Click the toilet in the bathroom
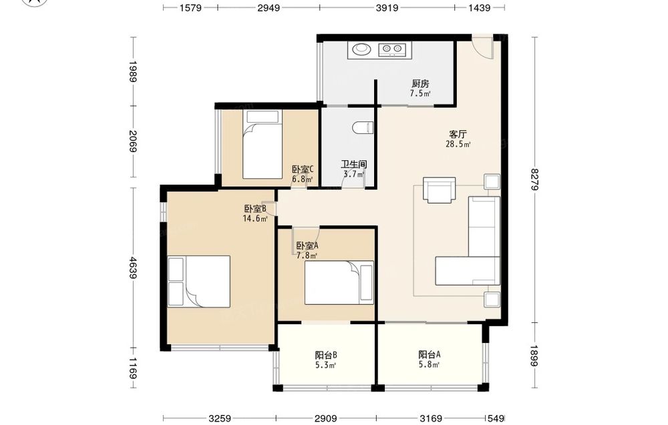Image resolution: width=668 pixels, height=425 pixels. pyautogui.click(x=363, y=127)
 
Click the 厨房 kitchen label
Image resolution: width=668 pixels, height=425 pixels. pyautogui.click(x=420, y=83)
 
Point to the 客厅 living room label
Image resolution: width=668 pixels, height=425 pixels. pyautogui.click(x=458, y=134)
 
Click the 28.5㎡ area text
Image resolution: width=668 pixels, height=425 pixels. pyautogui.click(x=458, y=144)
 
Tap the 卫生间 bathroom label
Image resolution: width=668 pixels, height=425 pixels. pyautogui.click(x=354, y=164)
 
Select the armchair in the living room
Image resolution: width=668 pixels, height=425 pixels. pyautogui.click(x=440, y=189)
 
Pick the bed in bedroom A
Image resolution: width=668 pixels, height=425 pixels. pyautogui.click(x=339, y=282)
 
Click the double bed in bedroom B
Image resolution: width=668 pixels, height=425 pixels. pyautogui.click(x=199, y=281)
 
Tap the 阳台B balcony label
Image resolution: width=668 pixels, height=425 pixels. pyautogui.click(x=327, y=355)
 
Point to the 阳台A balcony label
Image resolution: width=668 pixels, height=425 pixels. pyautogui.click(x=429, y=354)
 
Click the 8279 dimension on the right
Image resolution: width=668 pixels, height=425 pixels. pyautogui.click(x=535, y=179)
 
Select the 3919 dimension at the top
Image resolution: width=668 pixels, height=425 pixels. pyautogui.click(x=387, y=7)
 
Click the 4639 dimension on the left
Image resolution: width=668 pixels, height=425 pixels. pyautogui.click(x=133, y=268)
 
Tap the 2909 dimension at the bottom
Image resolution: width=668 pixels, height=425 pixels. pyautogui.click(x=326, y=418)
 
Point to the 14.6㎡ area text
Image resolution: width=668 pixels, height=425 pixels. pyautogui.click(x=255, y=219)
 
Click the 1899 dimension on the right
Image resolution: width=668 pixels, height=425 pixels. pyautogui.click(x=535, y=355)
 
